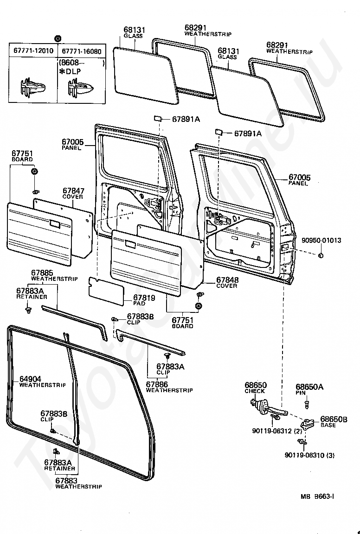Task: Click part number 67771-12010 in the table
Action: (x=33, y=51)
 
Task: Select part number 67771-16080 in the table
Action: (x=82, y=51)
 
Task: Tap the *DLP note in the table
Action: (x=70, y=71)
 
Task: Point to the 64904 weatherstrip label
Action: (x=42, y=381)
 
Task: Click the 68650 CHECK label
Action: (x=256, y=388)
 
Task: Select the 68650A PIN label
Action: (x=309, y=389)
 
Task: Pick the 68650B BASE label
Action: (x=334, y=422)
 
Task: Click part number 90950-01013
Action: (x=321, y=241)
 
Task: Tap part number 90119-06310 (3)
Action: (x=309, y=455)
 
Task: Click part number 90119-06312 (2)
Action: (x=277, y=431)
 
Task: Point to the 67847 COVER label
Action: (x=73, y=193)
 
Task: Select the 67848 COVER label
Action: (x=227, y=282)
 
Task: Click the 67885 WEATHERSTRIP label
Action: (x=54, y=275)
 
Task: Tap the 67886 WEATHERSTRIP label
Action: (x=169, y=387)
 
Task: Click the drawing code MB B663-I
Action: (x=317, y=496)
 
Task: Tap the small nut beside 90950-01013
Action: (x=321, y=256)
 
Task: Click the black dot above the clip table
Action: (x=57, y=38)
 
